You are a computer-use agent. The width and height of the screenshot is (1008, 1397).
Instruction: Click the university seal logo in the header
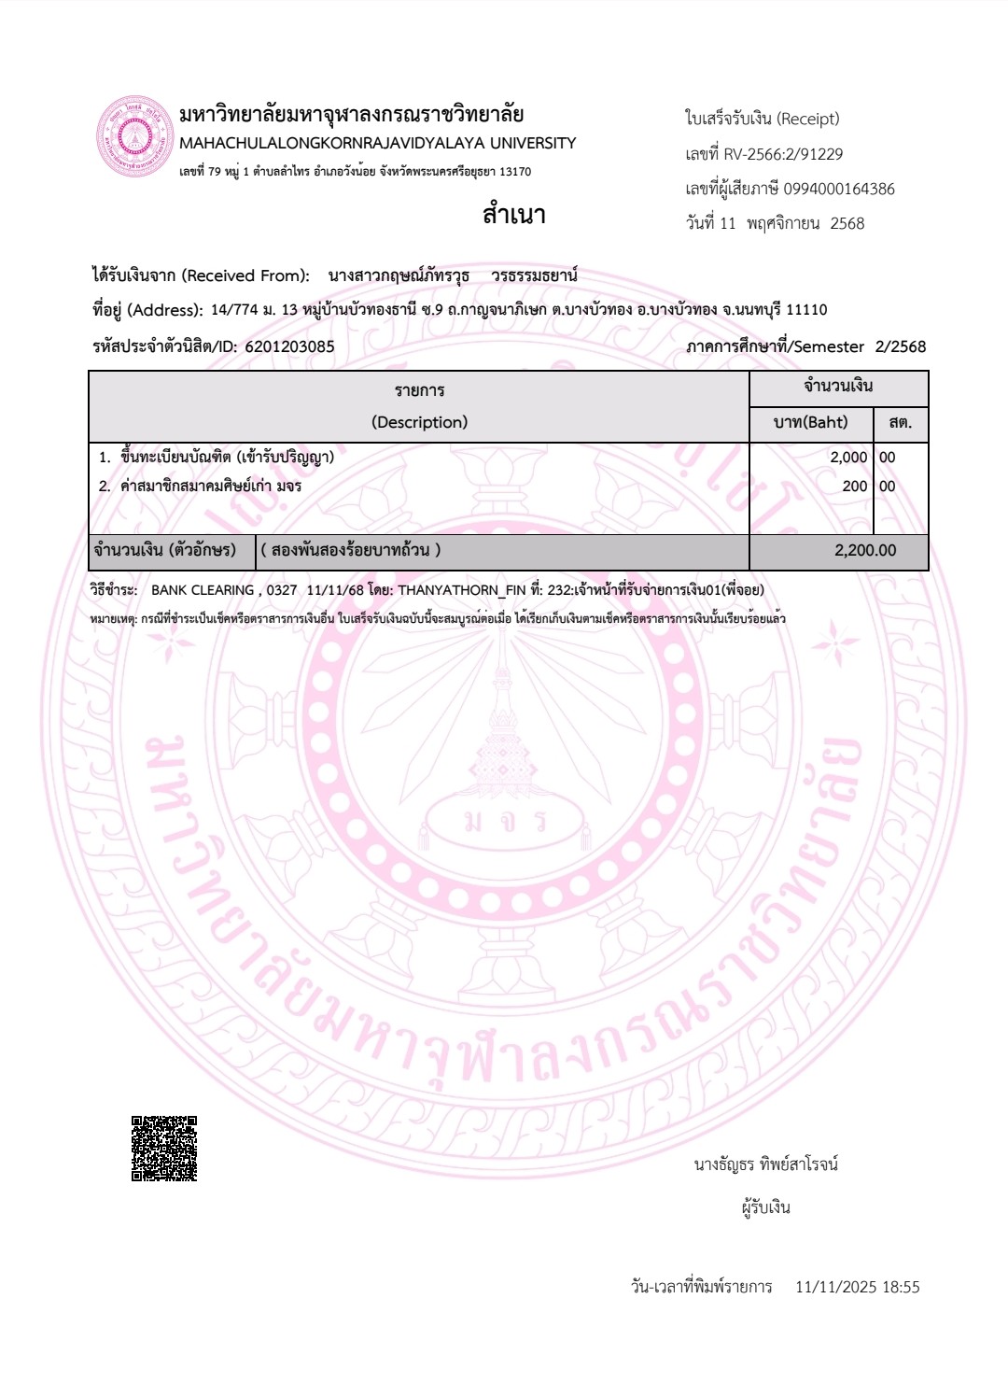tap(136, 137)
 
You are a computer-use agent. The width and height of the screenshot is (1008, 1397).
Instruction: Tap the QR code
tap(164, 1149)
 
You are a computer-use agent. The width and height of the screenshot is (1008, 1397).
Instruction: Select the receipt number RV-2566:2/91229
tap(783, 154)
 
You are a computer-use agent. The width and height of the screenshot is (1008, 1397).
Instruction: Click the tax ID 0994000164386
tap(838, 189)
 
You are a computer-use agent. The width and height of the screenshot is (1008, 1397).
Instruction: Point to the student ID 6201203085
tap(289, 346)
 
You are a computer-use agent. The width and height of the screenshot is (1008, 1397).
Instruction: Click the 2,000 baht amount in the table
tap(847, 458)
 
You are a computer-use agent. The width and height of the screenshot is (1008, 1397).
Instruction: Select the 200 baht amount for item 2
tap(854, 487)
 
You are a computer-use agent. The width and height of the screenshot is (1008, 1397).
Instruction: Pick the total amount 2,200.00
tap(864, 551)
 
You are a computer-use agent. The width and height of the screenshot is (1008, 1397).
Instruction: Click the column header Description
tap(419, 422)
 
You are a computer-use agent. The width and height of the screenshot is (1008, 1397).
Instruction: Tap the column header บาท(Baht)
tap(810, 422)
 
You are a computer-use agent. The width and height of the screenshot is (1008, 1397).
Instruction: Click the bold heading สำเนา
tap(513, 215)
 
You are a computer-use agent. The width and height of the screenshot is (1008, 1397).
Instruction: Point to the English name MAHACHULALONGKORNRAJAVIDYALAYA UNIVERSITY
tap(377, 144)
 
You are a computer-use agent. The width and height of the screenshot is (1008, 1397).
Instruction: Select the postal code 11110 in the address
tap(806, 310)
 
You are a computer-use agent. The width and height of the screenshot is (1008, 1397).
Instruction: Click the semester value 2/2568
tap(900, 346)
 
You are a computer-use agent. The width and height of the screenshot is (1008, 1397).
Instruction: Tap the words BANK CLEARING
tap(203, 590)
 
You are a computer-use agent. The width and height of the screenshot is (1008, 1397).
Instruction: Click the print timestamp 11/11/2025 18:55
tap(857, 1287)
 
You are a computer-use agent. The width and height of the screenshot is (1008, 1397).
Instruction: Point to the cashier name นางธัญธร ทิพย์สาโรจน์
tap(765, 1164)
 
